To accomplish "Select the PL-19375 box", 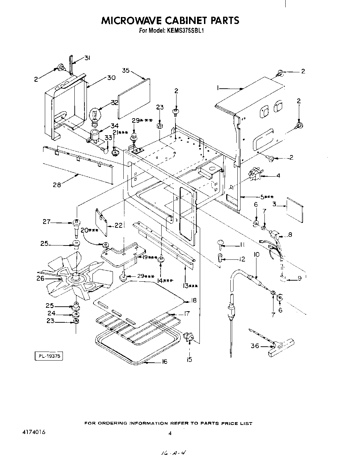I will click(49, 356).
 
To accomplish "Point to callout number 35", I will click(126, 71).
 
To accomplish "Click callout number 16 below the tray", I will click(164, 362).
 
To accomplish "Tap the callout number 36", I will click(255, 346).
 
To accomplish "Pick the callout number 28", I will click(57, 185).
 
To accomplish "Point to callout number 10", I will click(256, 255).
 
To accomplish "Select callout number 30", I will click(111, 78).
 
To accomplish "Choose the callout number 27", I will click(47, 222).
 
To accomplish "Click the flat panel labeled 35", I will click(133, 98).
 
